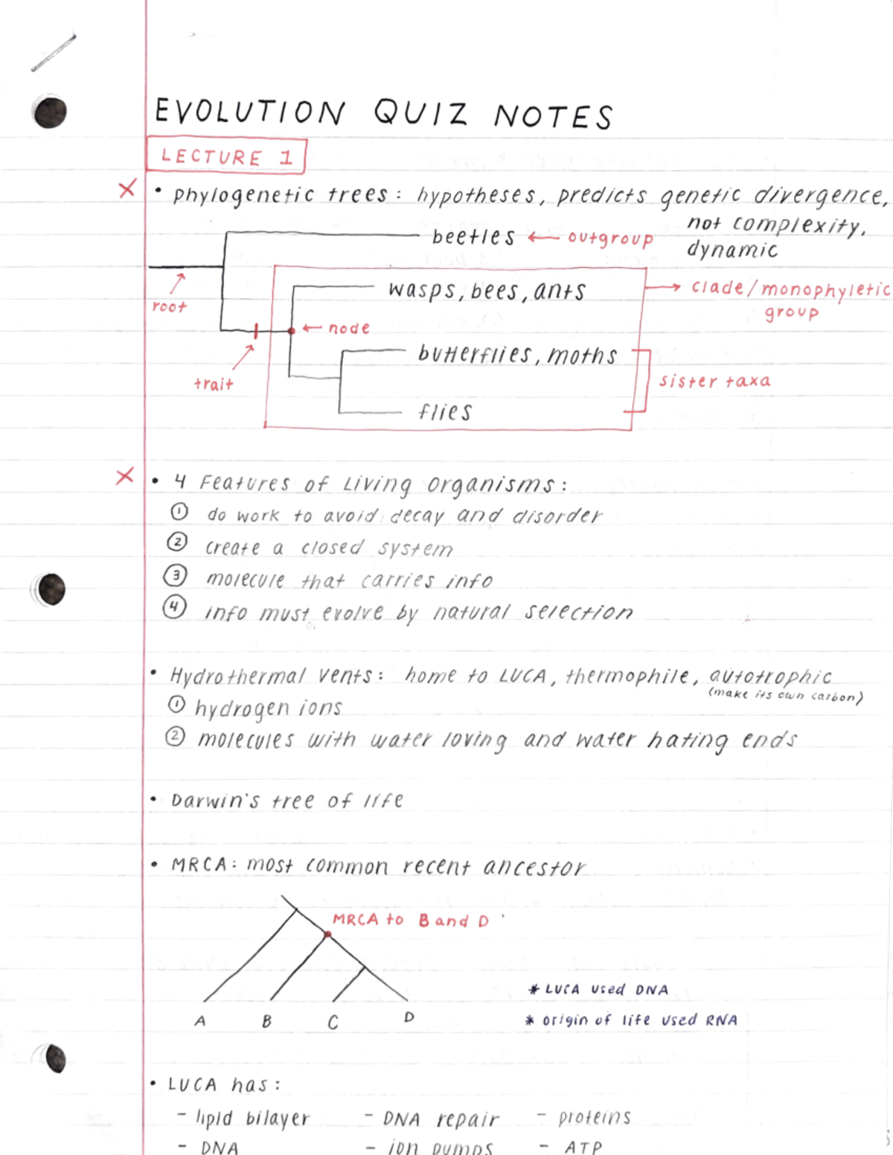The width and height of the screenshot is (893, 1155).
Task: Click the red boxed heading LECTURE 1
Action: pos(226,156)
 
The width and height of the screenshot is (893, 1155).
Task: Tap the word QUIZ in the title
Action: pos(420,113)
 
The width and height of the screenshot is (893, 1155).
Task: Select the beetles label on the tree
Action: pos(473,237)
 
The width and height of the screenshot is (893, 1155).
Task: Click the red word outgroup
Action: pos(610,238)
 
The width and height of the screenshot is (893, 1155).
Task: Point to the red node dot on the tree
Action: pos(292,330)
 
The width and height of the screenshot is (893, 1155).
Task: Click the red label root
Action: pos(169,307)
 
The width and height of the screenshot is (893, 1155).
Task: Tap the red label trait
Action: pos(214,384)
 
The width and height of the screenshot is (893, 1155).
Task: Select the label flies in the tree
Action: pos(445,412)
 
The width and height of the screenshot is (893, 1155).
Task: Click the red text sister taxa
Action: pos(714,381)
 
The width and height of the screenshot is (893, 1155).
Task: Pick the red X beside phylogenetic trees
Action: pos(127,189)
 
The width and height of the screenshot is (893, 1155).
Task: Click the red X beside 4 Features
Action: pos(125,476)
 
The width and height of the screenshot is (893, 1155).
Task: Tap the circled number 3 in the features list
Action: pos(176,575)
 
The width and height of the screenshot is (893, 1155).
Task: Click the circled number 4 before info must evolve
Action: pos(175,607)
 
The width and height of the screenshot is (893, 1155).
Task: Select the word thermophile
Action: pos(627,676)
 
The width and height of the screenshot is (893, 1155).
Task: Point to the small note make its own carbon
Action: pos(785,695)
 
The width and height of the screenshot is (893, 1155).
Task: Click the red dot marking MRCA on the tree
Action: pos(327,933)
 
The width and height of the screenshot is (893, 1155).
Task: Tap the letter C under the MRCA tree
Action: pos(333,1023)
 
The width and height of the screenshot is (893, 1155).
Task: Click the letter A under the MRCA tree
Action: pos(200,1021)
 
